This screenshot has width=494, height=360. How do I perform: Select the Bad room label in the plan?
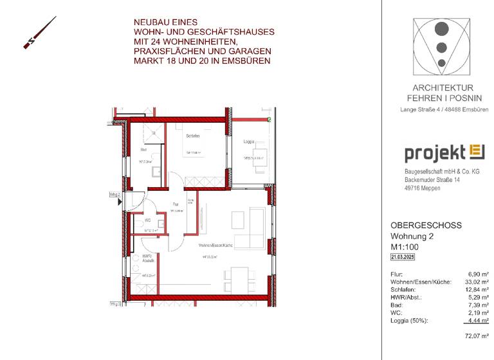click(143, 149)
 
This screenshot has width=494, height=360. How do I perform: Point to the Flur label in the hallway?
click(175, 205)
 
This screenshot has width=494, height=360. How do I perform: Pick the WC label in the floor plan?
click(147, 220)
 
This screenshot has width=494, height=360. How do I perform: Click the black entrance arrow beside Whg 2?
click(119, 201)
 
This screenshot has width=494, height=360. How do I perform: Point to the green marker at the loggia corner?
click(270, 120)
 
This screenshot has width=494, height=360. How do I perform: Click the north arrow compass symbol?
click(39, 33)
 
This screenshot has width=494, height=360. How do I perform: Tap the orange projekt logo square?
click(477, 152)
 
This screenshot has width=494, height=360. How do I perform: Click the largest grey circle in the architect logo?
click(441, 29)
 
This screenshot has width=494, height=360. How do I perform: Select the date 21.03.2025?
click(403, 257)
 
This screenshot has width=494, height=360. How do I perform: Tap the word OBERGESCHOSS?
click(426, 226)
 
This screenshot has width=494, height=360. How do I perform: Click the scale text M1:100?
click(405, 247)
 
